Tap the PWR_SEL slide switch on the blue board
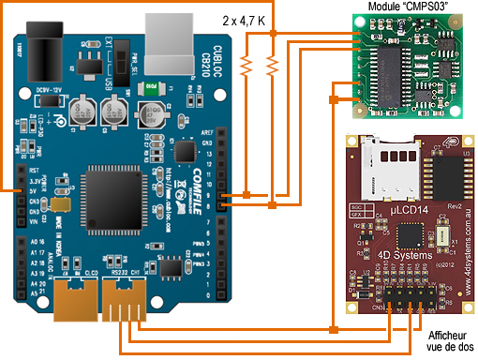122,66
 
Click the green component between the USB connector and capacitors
146,90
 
